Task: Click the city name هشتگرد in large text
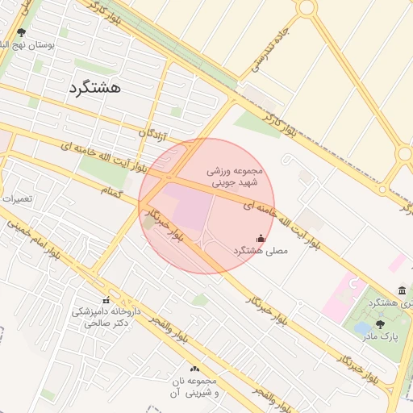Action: point(94,87)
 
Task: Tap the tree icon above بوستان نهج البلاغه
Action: point(21,33)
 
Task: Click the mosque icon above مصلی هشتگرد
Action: point(260,239)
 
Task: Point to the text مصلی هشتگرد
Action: point(260,252)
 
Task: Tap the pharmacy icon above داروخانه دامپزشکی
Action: point(106,300)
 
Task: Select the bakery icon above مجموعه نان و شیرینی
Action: point(194,369)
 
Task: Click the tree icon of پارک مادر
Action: point(379,323)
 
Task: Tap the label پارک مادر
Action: point(378,336)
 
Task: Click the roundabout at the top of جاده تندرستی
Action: point(306,7)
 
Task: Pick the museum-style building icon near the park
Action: point(402,290)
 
